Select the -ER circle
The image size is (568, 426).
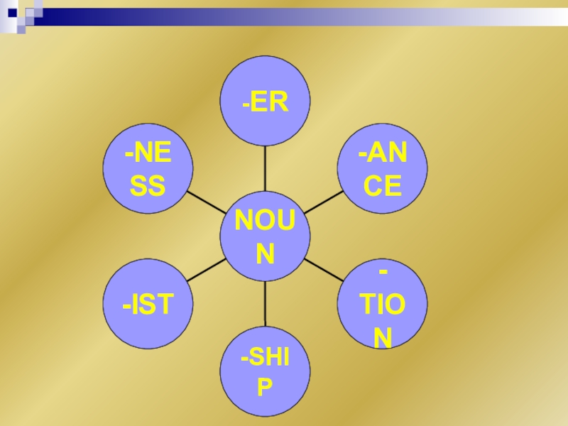(265, 102)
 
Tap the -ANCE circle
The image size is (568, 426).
(382, 169)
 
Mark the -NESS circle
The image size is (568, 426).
(148, 169)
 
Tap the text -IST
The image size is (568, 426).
(148, 305)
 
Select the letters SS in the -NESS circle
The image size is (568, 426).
(148, 187)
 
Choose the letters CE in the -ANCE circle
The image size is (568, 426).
(382, 187)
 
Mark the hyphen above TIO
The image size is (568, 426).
(383, 273)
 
